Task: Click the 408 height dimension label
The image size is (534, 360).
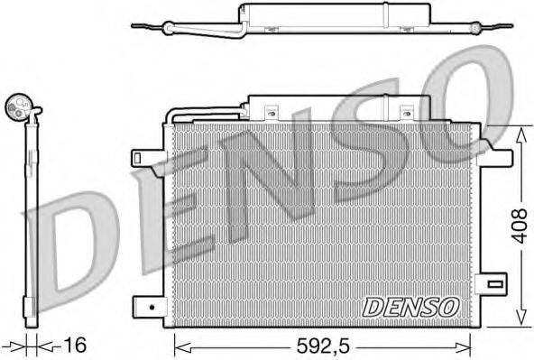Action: tap(519, 225)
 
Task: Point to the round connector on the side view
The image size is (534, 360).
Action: tap(17, 108)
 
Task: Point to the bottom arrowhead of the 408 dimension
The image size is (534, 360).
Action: tap(519, 321)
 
